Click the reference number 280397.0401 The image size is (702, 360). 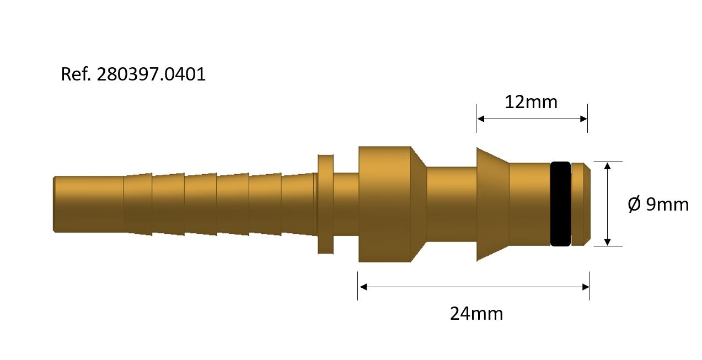(x=151, y=74)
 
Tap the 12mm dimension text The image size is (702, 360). (x=531, y=102)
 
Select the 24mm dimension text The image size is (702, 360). (x=476, y=314)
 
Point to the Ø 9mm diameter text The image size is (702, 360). (x=658, y=205)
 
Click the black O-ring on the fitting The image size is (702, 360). (x=560, y=203)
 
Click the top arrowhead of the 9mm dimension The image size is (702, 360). (x=607, y=166)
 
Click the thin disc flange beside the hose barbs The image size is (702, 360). (x=325, y=204)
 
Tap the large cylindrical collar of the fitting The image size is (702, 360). (x=385, y=204)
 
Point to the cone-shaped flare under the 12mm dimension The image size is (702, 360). (x=492, y=203)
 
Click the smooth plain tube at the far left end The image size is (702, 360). (x=89, y=203)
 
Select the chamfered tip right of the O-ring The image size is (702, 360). (x=581, y=203)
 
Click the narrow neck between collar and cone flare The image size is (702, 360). (x=452, y=203)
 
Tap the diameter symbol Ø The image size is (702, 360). (x=634, y=205)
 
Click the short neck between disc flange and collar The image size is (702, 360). (x=346, y=203)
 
